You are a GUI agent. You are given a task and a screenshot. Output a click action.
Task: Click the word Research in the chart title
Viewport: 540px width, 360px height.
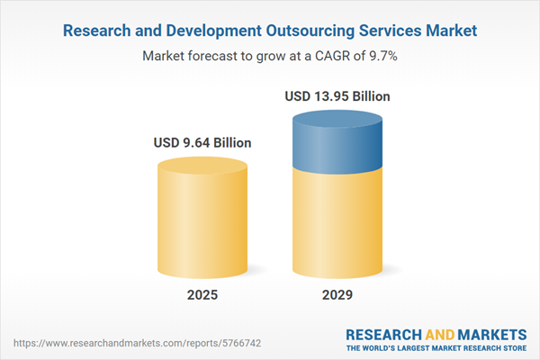tap(95, 31)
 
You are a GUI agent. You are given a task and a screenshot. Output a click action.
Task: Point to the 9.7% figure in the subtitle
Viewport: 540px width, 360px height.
tap(383, 56)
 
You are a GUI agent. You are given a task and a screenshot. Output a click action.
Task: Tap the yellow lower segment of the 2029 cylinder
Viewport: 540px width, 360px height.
tap(337, 225)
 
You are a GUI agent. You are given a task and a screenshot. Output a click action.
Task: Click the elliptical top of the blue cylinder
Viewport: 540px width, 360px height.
tap(337, 118)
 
